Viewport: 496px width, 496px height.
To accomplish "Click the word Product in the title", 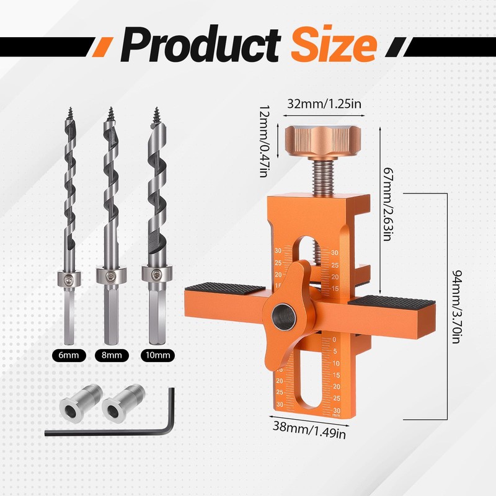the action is (x=201, y=43).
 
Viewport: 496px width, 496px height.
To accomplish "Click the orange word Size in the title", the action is (x=334, y=43).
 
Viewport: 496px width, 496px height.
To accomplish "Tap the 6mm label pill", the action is (x=69, y=355).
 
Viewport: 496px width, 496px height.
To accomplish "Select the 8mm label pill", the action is (x=112, y=355).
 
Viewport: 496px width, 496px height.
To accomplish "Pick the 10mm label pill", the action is (x=158, y=355).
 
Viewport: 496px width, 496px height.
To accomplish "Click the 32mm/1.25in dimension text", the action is (x=324, y=104).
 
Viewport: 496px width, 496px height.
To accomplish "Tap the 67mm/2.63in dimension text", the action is (x=388, y=204).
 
